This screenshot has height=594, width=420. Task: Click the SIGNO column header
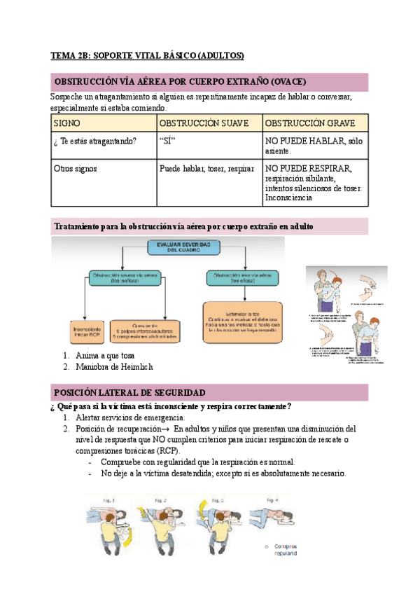(68, 123)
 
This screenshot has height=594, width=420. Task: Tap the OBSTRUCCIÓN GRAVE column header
(309, 123)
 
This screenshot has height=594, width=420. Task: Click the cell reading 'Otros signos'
(76, 169)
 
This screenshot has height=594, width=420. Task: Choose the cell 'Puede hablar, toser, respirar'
(207, 169)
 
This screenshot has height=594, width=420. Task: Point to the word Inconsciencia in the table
(289, 198)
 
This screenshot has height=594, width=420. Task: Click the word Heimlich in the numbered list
(136, 366)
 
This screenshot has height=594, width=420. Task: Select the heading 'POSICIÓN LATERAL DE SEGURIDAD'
(129, 393)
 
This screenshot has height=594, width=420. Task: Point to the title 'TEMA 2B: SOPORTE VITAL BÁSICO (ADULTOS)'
(147, 55)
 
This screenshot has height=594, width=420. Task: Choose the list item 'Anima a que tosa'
(104, 356)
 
